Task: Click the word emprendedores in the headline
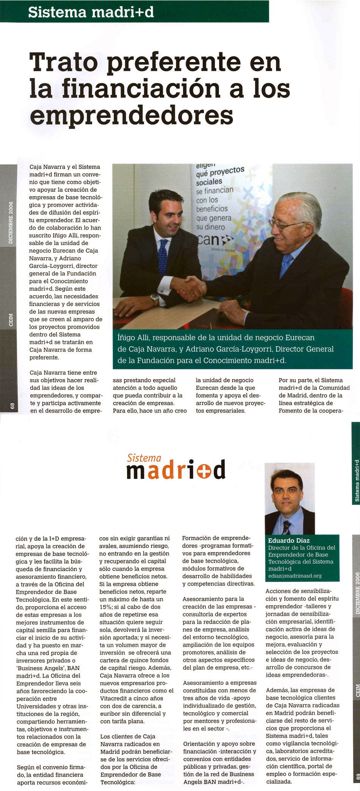pyautogui.click(x=131, y=116)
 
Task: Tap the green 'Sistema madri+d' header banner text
pyautogui.click(x=91, y=12)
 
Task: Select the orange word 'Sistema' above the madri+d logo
pyautogui.click(x=144, y=458)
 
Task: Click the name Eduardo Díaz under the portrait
pyautogui.click(x=289, y=541)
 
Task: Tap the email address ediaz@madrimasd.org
pyautogui.click(x=295, y=576)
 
